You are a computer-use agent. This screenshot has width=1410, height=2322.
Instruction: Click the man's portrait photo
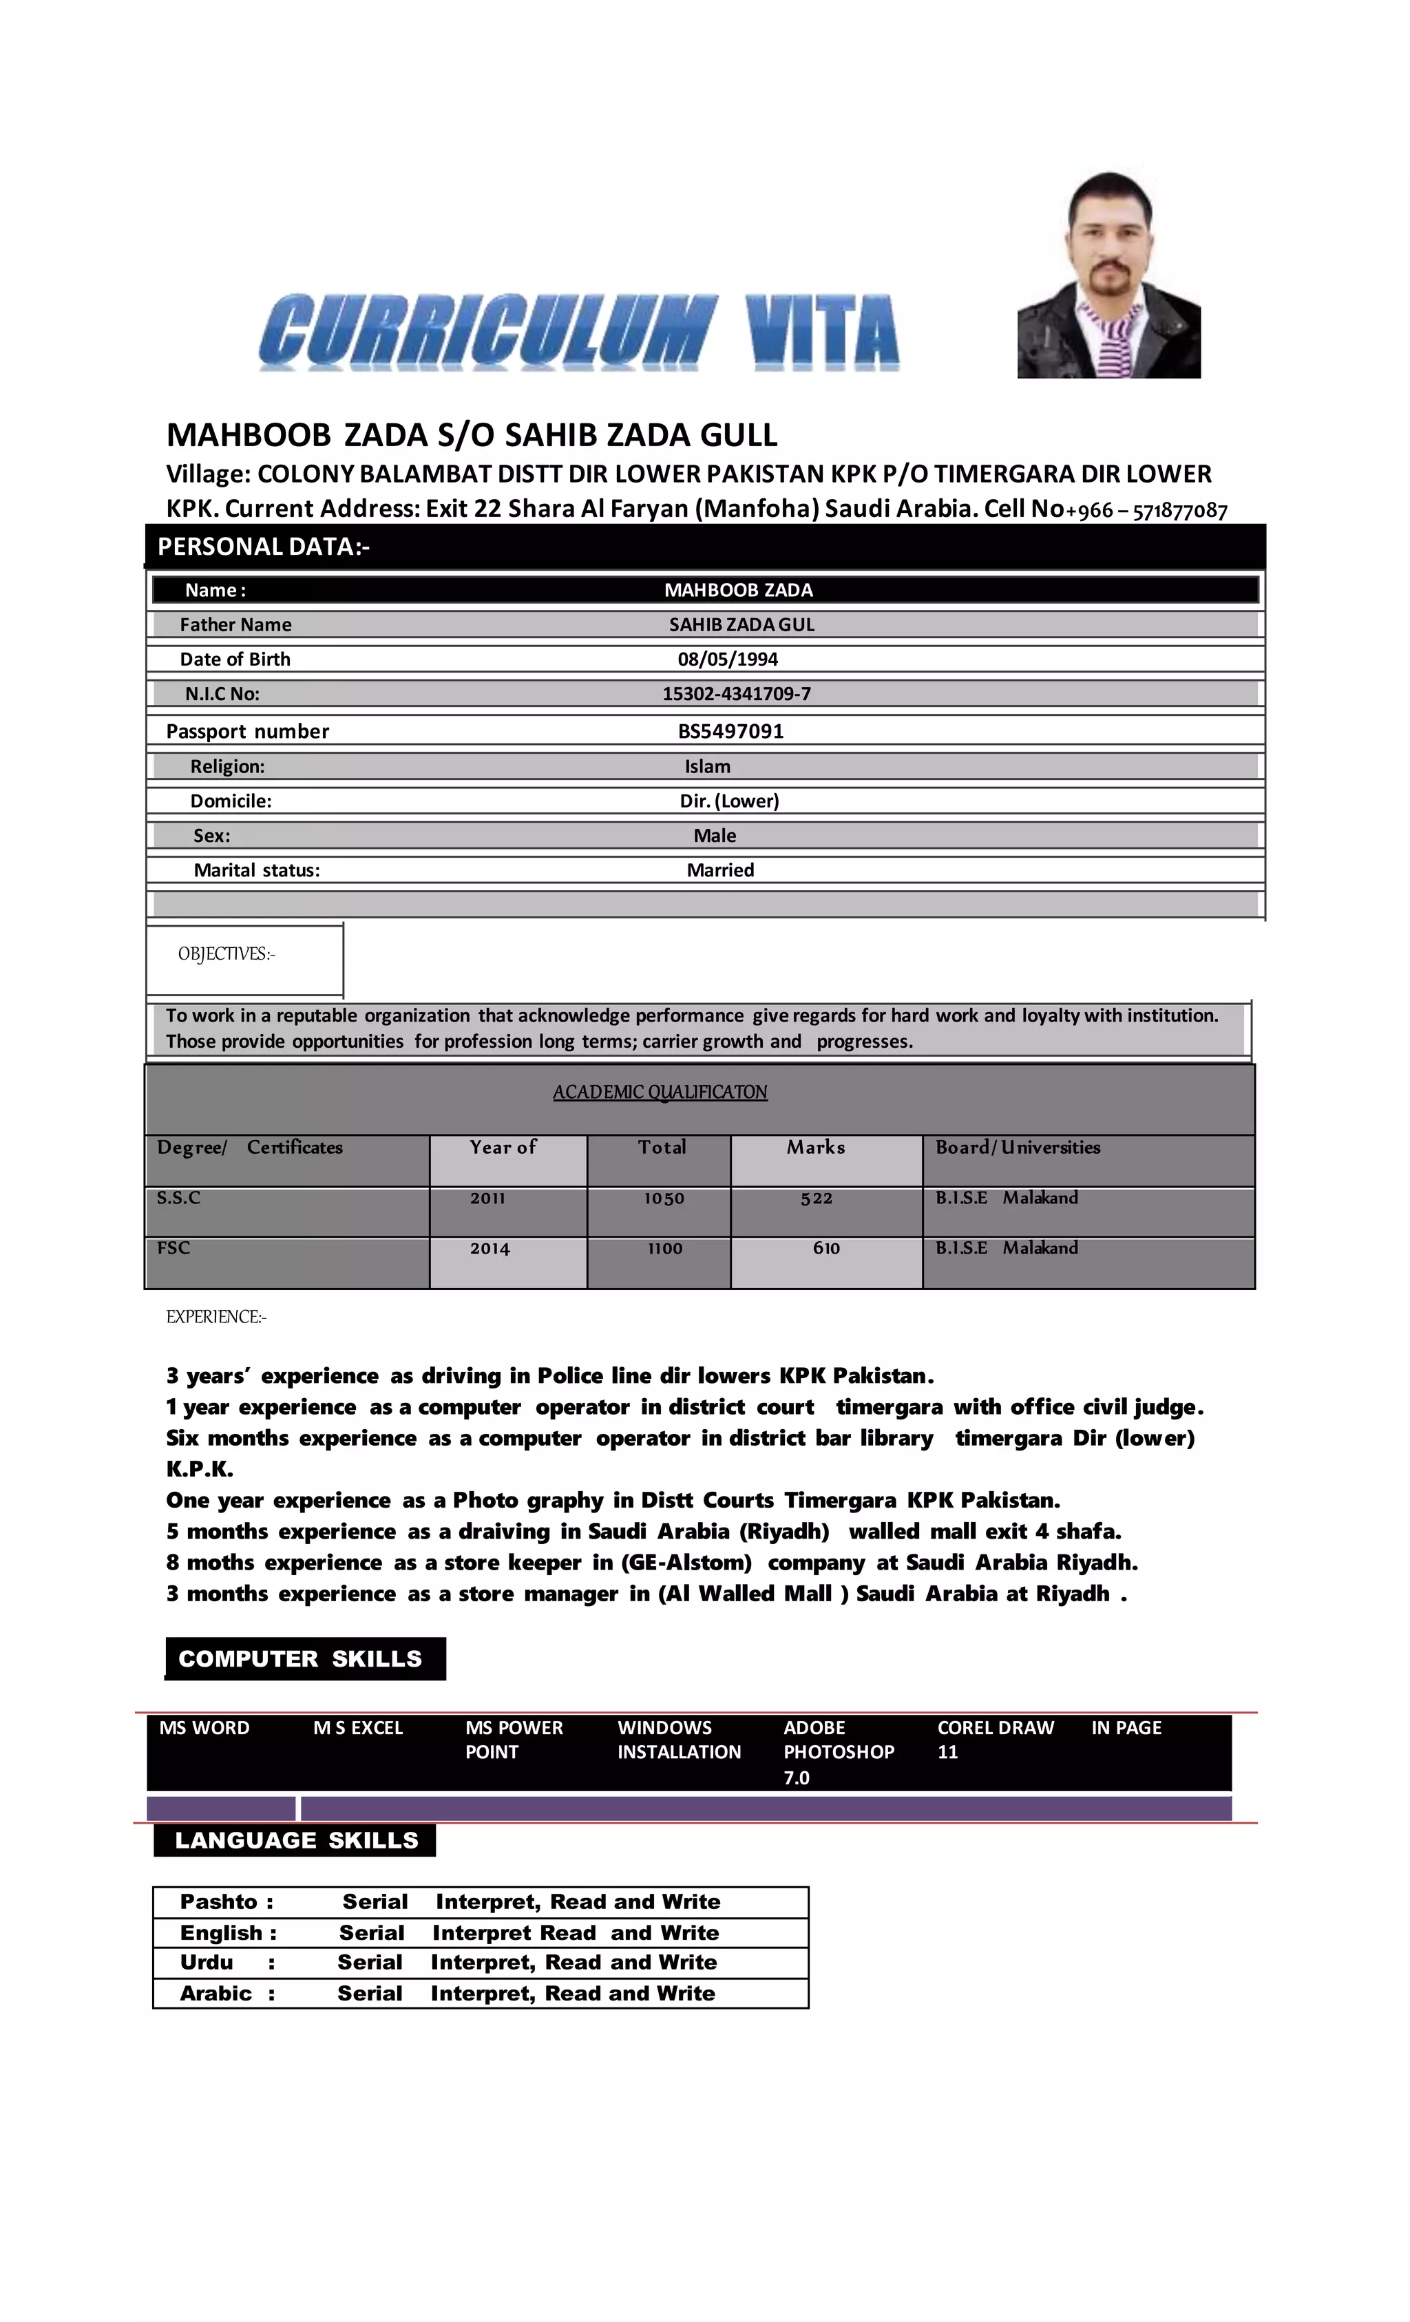(x=1108, y=275)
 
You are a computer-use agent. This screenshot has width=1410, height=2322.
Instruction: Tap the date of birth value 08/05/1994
(x=728, y=659)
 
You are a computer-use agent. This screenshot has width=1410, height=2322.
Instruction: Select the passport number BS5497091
(x=730, y=731)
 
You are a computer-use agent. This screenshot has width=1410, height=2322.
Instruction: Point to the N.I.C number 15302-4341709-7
(x=736, y=695)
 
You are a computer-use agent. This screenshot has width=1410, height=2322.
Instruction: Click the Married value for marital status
(x=720, y=871)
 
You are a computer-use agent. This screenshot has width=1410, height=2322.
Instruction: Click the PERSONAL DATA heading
(x=264, y=547)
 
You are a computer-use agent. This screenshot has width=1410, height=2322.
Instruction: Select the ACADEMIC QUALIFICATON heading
(x=660, y=1093)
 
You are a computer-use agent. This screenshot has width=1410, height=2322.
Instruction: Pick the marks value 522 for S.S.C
(x=817, y=1199)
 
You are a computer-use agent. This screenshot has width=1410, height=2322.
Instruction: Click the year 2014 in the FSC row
(x=490, y=1249)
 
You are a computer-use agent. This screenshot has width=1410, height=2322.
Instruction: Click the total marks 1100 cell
(x=664, y=1249)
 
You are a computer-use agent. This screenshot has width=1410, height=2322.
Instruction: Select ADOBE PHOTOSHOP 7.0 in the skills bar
(x=838, y=1752)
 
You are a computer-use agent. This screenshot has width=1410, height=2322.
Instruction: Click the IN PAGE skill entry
(x=1126, y=1729)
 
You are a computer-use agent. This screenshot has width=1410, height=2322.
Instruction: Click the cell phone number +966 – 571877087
(x=1146, y=511)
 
